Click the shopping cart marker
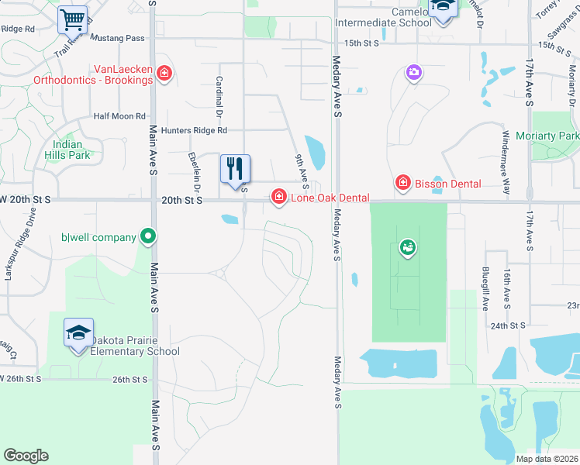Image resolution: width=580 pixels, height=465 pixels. tap(72, 19)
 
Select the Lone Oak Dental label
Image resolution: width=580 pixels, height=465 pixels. tap(330, 198)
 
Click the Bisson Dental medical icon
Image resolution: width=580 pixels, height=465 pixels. tap(402, 183)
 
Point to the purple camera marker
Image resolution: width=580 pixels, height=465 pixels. tap(414, 73)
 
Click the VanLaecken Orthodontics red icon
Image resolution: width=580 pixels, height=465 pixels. tap(164, 74)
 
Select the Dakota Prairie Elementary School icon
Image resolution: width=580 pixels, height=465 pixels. tap(78, 333)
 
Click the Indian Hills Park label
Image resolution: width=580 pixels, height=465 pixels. tap(71, 150)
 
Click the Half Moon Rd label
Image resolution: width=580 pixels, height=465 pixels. tap(119, 116)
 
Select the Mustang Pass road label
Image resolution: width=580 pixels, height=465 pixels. tap(117, 37)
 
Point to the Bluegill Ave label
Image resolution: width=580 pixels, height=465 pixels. tap(485, 288)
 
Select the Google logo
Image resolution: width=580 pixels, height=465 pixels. tap(26, 456)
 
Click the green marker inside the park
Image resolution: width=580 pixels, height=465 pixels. tap(408, 248)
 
